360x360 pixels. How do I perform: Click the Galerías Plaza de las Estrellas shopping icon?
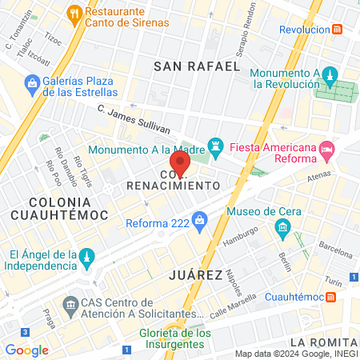pos(32,82)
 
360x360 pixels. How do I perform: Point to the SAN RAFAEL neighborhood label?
pos(197,66)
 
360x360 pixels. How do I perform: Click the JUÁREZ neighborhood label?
pos(196,274)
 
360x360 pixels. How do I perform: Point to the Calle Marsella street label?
pos(236,304)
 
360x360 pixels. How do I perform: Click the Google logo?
pos(26,350)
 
